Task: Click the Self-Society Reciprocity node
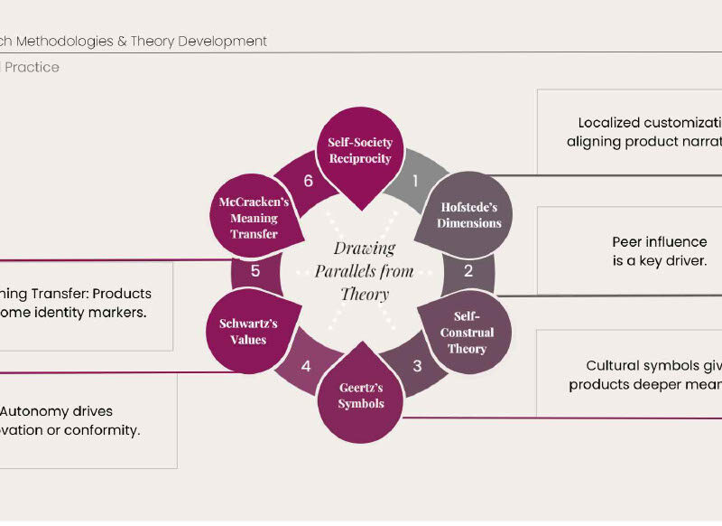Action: click(360, 151)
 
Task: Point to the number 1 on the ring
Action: click(415, 181)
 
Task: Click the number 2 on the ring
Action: click(468, 270)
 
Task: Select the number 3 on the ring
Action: click(417, 366)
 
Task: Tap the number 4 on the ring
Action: click(306, 366)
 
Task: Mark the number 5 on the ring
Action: click(255, 270)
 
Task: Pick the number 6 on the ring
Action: click(308, 181)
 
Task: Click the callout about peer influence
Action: click(659, 251)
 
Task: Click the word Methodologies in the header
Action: click(87, 41)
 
